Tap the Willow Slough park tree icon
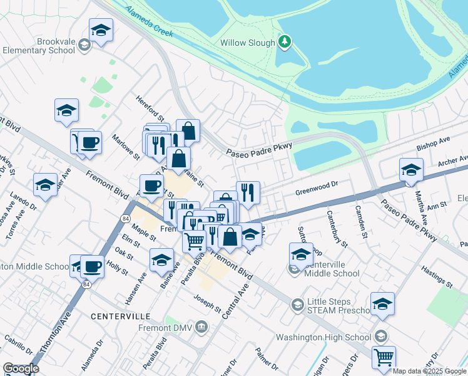tap(285, 43)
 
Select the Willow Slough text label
tap(248, 43)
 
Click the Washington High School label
tap(323, 337)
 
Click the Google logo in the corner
tap(21, 368)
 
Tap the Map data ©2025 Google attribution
tap(430, 371)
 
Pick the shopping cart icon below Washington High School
tap(384, 357)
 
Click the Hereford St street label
tap(150, 108)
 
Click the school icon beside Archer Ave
tap(411, 170)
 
